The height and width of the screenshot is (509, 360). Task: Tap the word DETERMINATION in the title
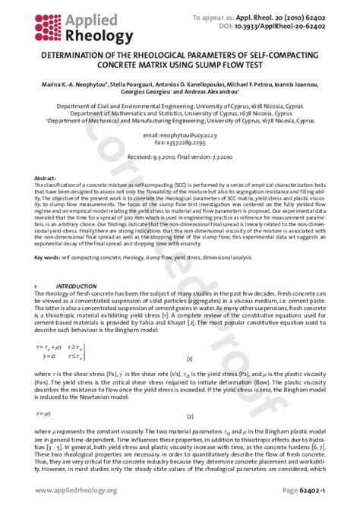coord(80,54)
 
